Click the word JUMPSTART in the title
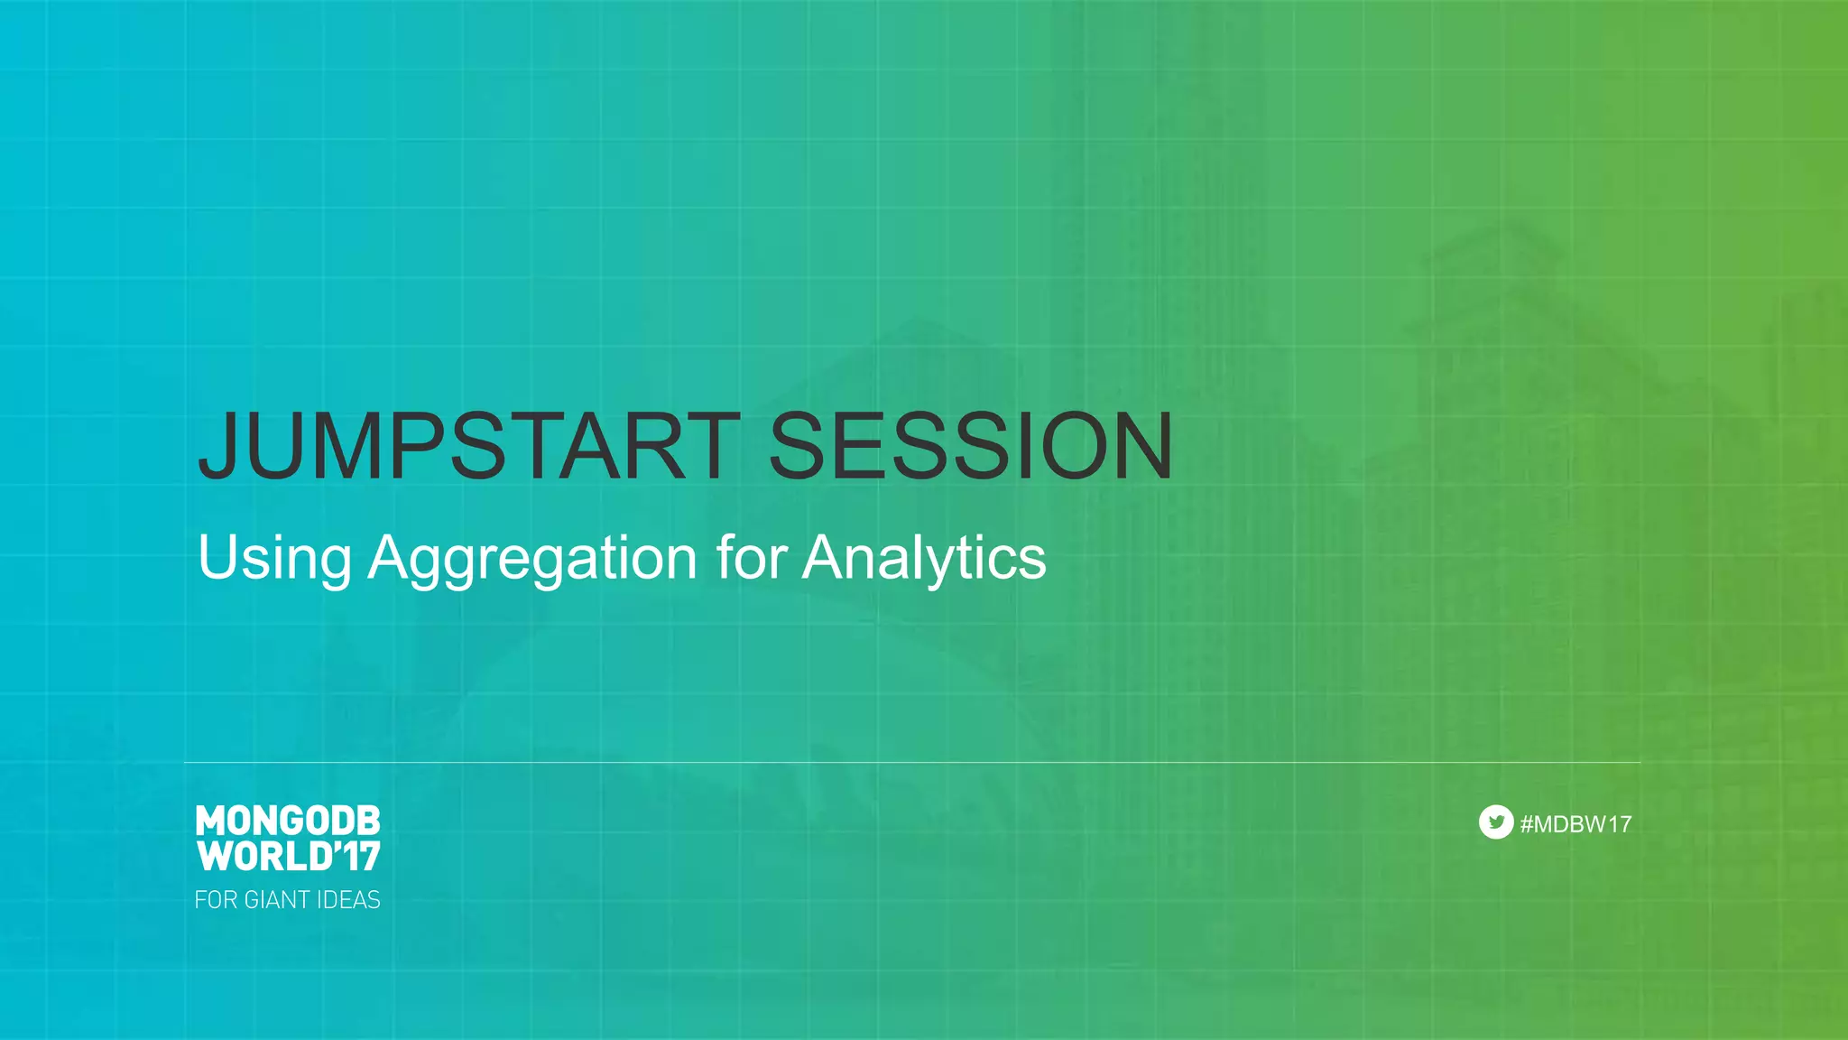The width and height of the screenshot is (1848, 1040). click(469, 446)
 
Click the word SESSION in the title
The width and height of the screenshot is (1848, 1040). click(971, 446)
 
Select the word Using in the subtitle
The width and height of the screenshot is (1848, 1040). click(274, 558)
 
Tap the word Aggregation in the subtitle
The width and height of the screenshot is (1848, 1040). click(532, 558)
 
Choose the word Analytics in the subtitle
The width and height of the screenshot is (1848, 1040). click(924, 558)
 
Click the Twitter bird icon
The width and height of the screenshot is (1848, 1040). click(1496, 822)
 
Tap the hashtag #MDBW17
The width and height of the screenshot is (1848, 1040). click(1575, 824)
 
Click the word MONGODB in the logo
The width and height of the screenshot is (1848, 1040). click(288, 821)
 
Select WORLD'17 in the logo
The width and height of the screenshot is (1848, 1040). click(288, 856)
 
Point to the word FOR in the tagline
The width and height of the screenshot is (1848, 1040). click(216, 900)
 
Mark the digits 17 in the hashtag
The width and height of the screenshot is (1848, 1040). click(1619, 824)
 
